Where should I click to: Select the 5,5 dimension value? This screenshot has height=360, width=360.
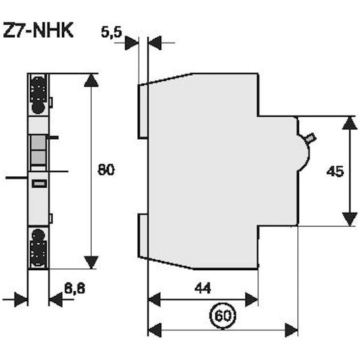[x=112, y=32]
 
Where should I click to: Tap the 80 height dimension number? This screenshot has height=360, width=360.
[x=105, y=169]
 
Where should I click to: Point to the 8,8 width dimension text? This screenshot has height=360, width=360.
[x=74, y=288]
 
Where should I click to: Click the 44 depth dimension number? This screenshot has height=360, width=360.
[x=203, y=288]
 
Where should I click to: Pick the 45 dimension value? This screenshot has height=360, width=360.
[x=335, y=172]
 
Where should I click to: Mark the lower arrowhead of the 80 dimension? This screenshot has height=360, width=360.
[x=91, y=262]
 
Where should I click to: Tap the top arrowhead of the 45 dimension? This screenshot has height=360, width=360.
[x=349, y=123]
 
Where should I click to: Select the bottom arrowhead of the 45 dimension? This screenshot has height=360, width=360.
[x=349, y=219]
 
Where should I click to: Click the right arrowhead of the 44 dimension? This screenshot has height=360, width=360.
[x=251, y=299]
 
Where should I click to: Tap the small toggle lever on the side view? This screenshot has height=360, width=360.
[x=310, y=139]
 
